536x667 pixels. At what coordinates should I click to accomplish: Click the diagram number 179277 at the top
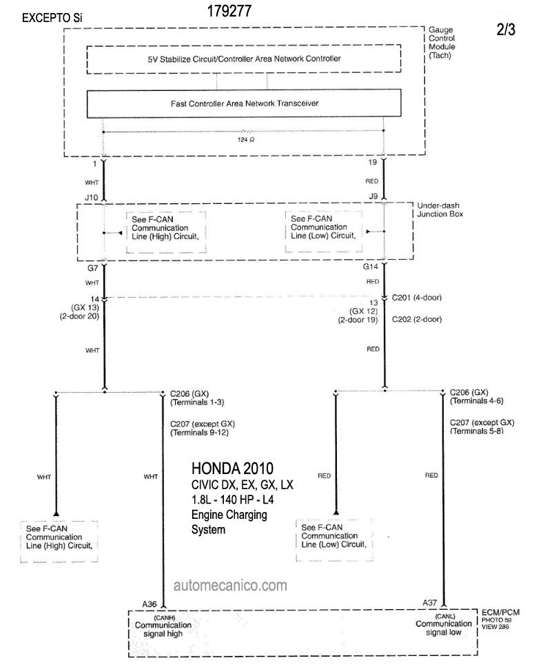[229, 11]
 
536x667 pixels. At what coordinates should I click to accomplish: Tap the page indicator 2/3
[506, 30]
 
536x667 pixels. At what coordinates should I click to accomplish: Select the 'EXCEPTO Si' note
[52, 18]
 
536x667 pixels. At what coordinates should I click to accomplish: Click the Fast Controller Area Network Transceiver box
[244, 103]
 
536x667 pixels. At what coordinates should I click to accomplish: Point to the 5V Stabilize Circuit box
[244, 59]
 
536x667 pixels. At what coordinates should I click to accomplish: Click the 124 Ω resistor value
[246, 139]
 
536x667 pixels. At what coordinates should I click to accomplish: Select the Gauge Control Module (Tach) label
[442, 43]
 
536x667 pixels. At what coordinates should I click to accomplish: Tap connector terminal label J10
[92, 197]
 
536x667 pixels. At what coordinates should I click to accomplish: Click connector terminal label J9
[373, 196]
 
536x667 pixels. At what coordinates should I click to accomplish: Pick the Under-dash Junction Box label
[440, 209]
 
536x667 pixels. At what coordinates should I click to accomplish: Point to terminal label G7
[93, 268]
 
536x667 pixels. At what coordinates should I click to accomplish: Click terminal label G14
[371, 267]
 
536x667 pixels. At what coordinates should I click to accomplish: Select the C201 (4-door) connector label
[416, 298]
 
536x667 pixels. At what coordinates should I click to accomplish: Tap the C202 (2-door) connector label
[416, 319]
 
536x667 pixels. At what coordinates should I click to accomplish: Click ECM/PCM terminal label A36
[150, 604]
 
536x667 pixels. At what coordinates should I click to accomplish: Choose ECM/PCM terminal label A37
[430, 603]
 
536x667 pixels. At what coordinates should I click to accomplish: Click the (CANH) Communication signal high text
[163, 626]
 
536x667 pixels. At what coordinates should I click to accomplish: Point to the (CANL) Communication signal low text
[444, 625]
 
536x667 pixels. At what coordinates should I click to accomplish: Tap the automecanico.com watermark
[230, 586]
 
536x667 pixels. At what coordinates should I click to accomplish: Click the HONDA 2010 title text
[232, 469]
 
